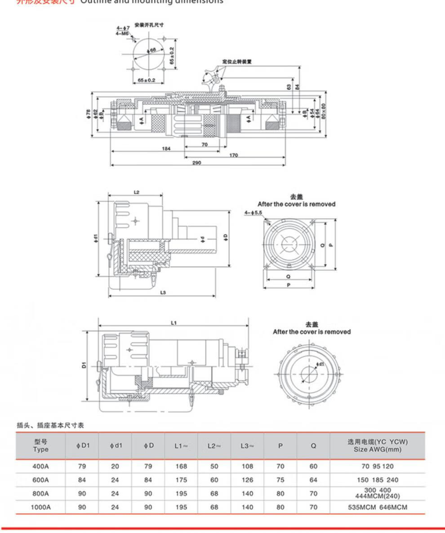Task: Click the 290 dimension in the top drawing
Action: tap(197, 162)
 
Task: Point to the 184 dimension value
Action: tap(166, 149)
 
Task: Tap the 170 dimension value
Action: tap(233, 155)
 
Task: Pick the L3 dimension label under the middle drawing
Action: tap(163, 293)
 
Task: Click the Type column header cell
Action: tap(40, 445)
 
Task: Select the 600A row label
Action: tap(40, 480)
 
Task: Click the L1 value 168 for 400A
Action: tap(181, 466)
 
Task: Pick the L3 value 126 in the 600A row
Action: tap(247, 480)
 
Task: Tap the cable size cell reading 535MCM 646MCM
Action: tap(377, 507)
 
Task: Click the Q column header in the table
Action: tap(313, 446)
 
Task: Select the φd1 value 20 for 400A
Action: tap(115, 466)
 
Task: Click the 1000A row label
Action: tap(40, 507)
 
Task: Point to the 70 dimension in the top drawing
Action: tap(205, 145)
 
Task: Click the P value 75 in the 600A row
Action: tap(280, 480)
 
